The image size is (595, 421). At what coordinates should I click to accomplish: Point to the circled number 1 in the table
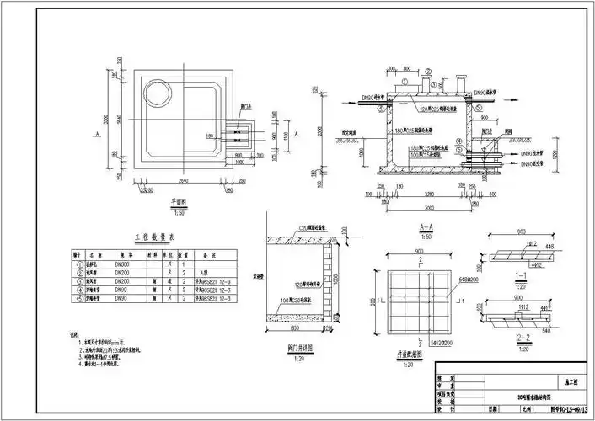78,265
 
